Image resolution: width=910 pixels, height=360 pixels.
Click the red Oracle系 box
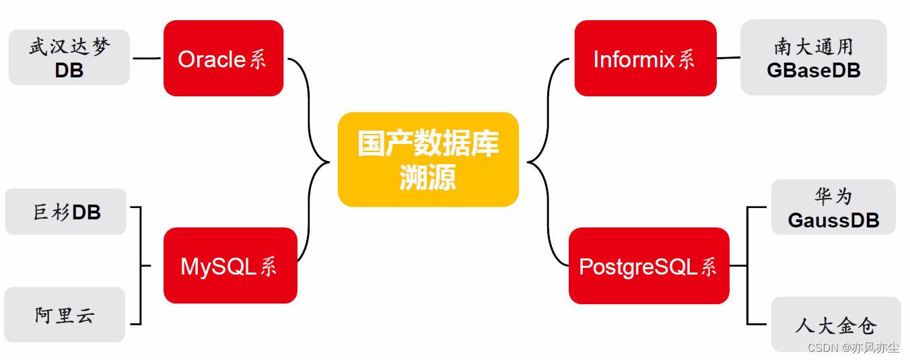223,59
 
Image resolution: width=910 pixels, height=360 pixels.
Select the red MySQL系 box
230,266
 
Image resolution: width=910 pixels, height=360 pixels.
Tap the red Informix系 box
645,59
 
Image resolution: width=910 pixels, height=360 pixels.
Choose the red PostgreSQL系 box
649,266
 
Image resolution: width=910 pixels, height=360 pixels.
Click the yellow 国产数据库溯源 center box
428,159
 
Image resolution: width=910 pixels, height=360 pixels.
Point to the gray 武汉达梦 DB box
69,57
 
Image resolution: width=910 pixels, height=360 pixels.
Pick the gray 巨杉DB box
65,212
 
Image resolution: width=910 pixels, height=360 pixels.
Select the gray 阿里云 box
65,314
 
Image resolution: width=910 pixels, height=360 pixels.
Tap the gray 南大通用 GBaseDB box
813,57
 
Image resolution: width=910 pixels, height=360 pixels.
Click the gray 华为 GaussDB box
833,207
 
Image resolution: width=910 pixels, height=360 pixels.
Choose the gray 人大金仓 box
835,324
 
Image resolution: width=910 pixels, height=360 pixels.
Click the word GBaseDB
813,70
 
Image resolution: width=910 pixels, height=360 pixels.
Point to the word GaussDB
833,220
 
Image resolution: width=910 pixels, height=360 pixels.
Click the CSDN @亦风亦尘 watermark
853,347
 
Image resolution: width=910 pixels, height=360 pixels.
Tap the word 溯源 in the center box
428,177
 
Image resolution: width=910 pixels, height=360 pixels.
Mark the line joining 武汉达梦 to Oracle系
146,59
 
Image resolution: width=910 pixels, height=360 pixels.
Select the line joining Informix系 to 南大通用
728,58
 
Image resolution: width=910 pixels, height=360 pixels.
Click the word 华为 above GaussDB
833,196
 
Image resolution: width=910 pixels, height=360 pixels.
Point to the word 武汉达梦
69,47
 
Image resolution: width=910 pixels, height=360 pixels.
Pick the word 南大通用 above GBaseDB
813,46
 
